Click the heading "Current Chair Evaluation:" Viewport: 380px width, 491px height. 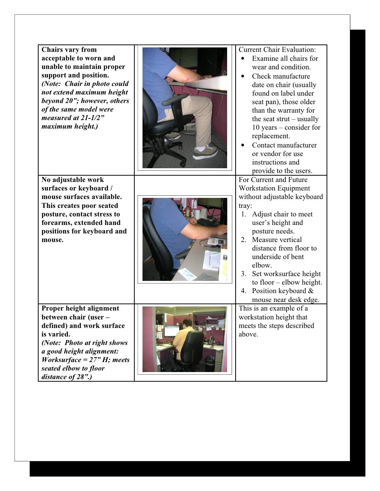tap(277, 50)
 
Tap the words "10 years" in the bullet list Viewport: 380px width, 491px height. tap(265, 127)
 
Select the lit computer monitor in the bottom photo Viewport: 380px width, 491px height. tap(171, 330)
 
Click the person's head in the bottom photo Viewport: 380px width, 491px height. tap(187, 322)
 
